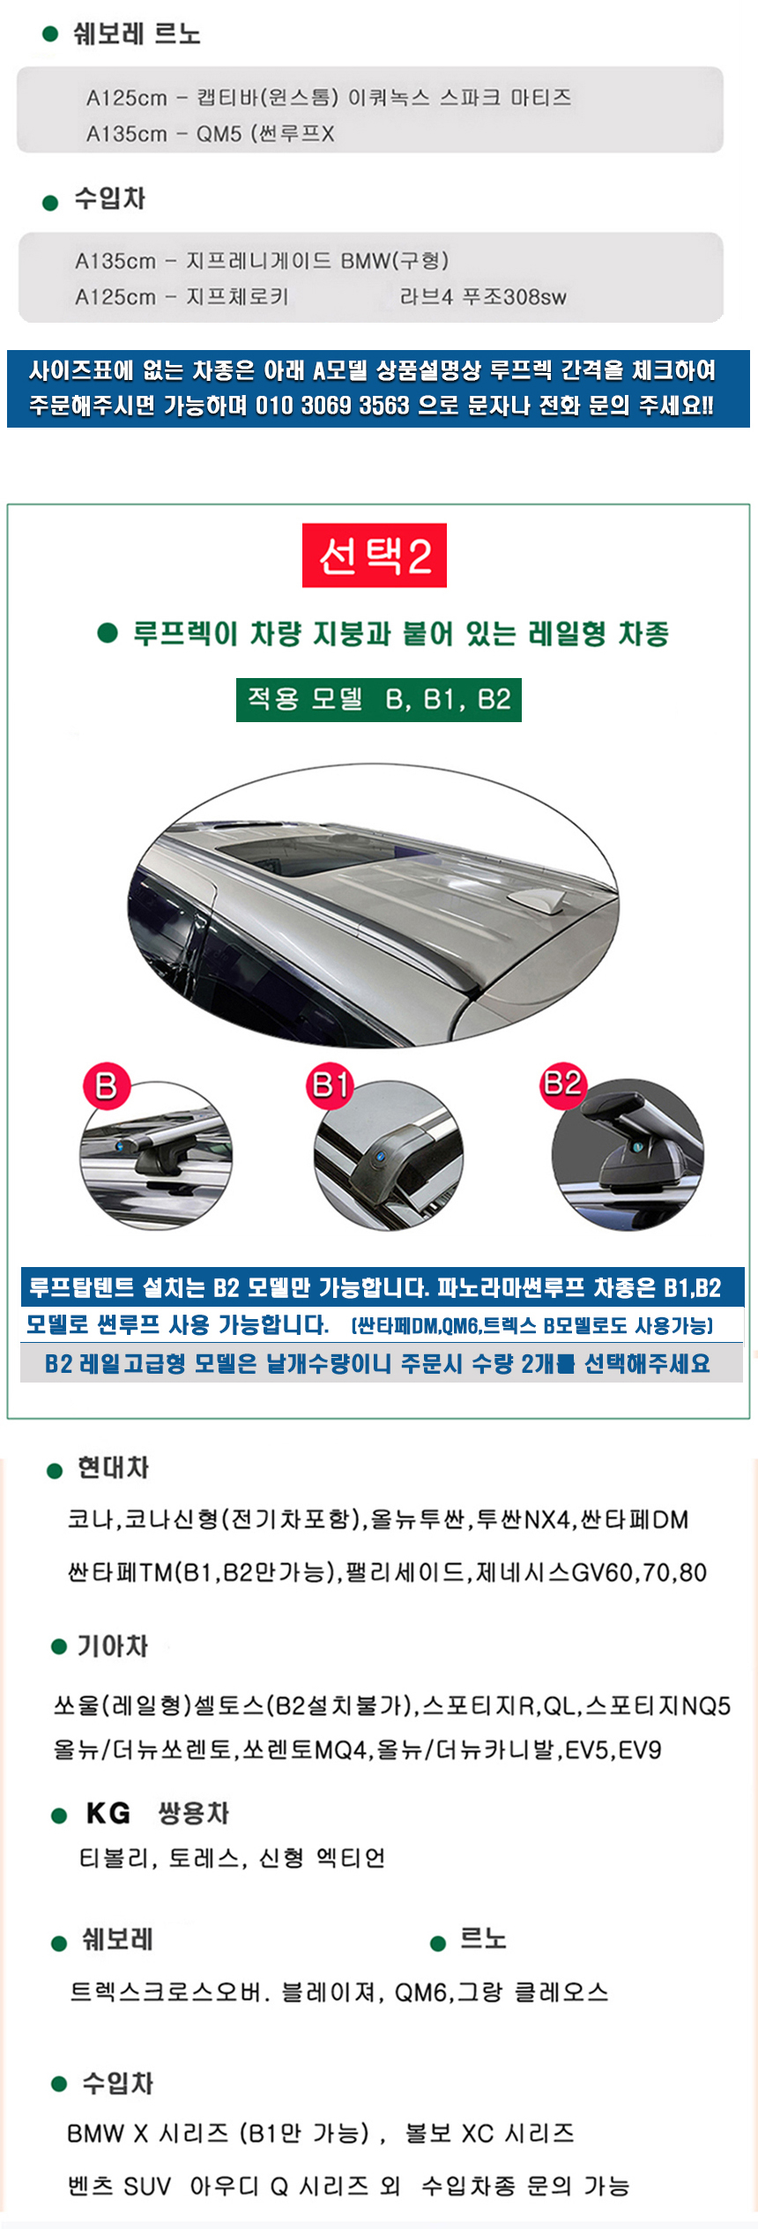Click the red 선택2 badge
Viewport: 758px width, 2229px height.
pyautogui.click(x=375, y=555)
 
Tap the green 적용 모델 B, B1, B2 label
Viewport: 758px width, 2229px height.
pyautogui.click(x=379, y=700)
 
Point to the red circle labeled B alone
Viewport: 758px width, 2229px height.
pyautogui.click(x=107, y=1086)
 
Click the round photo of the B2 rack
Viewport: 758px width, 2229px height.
pyautogui.click(x=628, y=1154)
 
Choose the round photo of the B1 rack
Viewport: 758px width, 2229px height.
pyautogui.click(x=389, y=1155)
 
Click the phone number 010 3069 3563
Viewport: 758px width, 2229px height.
pyautogui.click(x=332, y=406)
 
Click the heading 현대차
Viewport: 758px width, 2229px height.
pyautogui.click(x=114, y=1468)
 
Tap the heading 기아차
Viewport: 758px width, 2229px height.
pyautogui.click(x=113, y=1646)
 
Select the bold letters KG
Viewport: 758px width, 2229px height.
pyautogui.click(x=108, y=1814)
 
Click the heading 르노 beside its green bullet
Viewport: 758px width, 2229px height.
pyautogui.click(x=483, y=1940)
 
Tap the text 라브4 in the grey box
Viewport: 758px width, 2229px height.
pyautogui.click(x=427, y=297)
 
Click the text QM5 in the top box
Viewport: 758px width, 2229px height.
pyautogui.click(x=219, y=134)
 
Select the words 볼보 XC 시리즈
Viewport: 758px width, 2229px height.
pyautogui.click(x=490, y=2134)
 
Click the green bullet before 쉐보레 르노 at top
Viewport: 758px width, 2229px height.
pyautogui.click(x=50, y=34)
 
